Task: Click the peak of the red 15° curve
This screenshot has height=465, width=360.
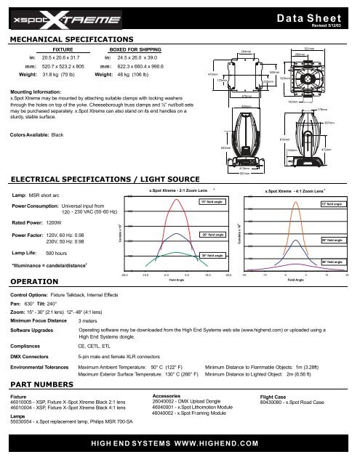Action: (x=168, y=198)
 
